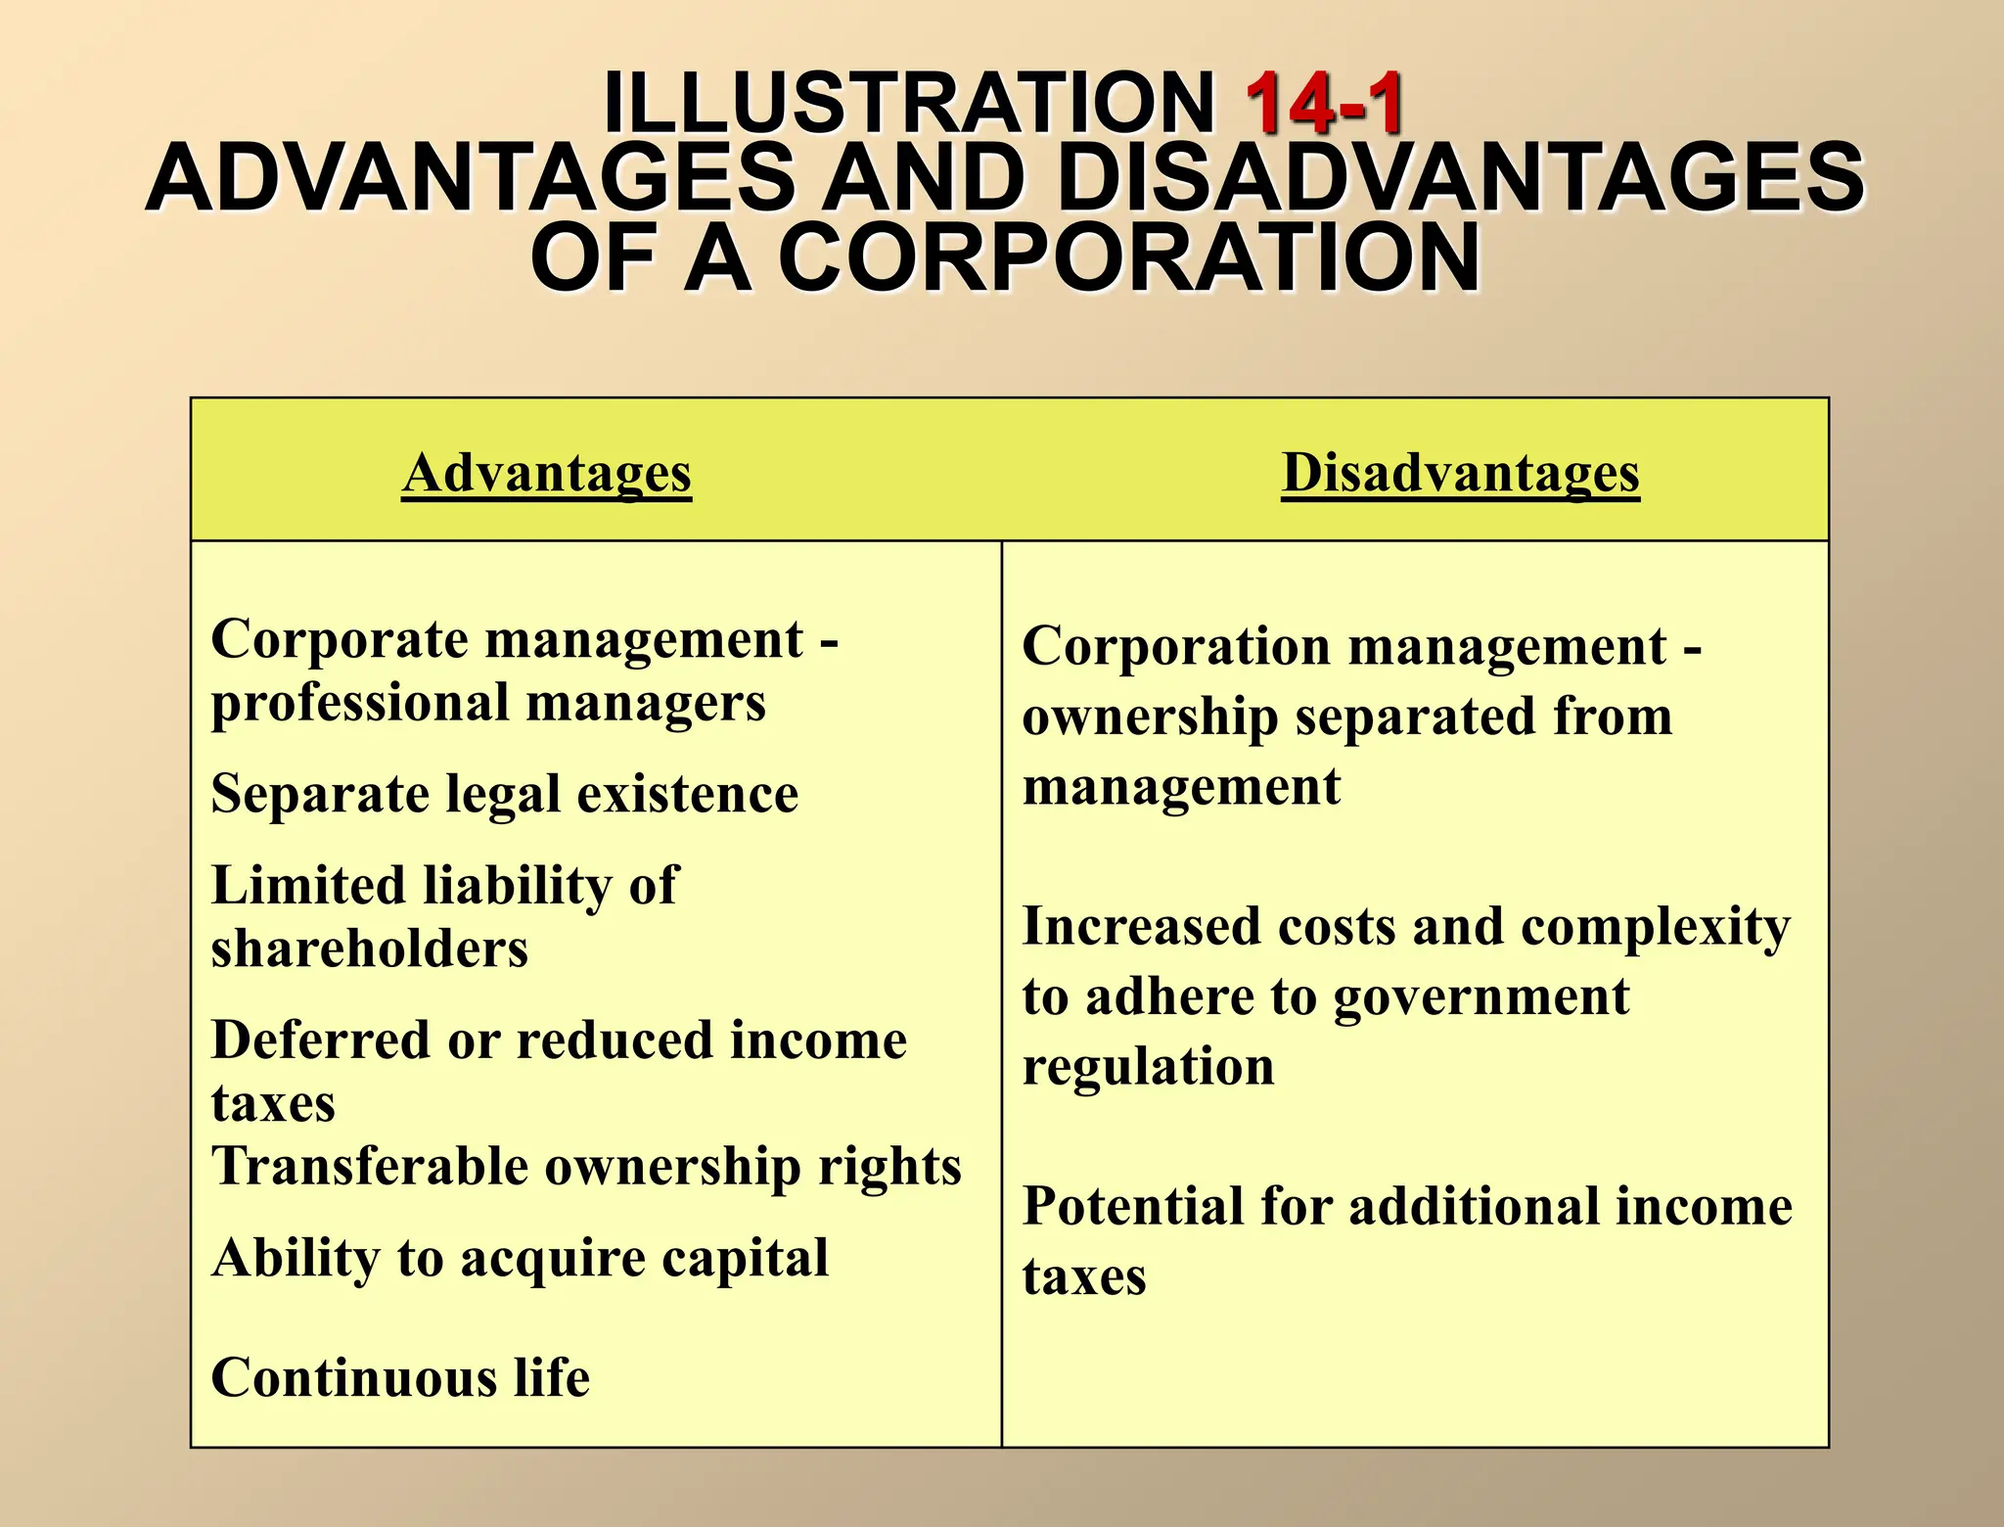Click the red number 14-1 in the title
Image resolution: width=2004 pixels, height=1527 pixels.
pyautogui.click(x=1325, y=104)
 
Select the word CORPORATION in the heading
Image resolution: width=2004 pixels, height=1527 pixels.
pyautogui.click(x=1129, y=258)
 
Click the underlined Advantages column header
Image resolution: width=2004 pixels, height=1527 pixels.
pyautogui.click(x=546, y=474)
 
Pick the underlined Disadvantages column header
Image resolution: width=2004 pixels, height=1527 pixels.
pyautogui.click(x=1460, y=474)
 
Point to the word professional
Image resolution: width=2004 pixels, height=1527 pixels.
pyautogui.click(x=359, y=704)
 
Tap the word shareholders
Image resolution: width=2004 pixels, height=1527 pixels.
pyautogui.click(x=370, y=949)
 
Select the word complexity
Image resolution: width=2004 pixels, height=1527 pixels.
pyautogui.click(x=1656, y=927)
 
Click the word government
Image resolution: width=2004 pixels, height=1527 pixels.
pyautogui.click(x=1480, y=998)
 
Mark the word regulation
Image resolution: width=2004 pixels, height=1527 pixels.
pyautogui.click(x=1148, y=1067)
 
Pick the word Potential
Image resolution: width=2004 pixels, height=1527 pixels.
pyautogui.click(x=1131, y=1206)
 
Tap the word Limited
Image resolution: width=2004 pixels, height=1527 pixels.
pyautogui.click(x=308, y=885)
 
